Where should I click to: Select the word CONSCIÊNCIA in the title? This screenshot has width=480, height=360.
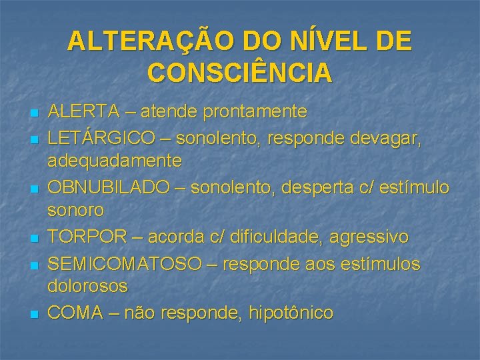click(240, 73)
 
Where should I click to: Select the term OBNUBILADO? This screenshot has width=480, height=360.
click(109, 187)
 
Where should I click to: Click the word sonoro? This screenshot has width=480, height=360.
click(76, 211)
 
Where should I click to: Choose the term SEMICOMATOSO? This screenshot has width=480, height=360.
click(124, 263)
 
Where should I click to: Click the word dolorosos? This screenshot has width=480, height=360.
click(87, 287)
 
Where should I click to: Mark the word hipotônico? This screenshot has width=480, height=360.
click(291, 312)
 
